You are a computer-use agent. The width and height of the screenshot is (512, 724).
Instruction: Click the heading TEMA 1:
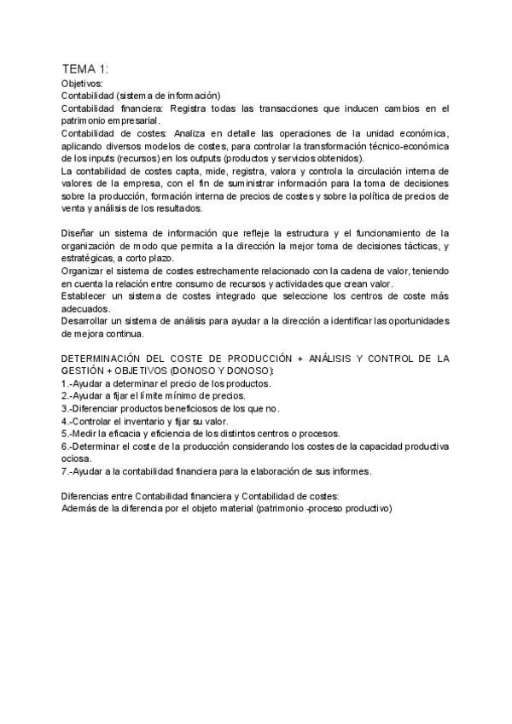(85, 69)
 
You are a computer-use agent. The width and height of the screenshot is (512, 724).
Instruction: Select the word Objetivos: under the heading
(82, 84)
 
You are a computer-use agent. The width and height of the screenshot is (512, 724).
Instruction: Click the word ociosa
(77, 458)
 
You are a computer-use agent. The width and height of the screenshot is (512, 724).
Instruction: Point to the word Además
(80, 509)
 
